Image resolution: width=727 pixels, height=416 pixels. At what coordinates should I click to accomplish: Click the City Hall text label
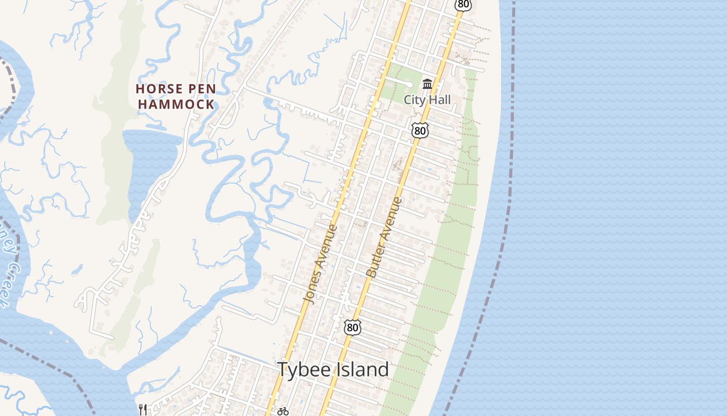pyautogui.click(x=427, y=100)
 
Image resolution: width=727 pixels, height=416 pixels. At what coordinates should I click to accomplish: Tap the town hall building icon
pyautogui.click(x=427, y=84)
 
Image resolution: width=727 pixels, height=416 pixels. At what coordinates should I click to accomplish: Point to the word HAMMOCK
pyautogui.click(x=176, y=105)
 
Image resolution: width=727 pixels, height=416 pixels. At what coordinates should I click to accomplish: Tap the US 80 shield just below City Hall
pyautogui.click(x=420, y=130)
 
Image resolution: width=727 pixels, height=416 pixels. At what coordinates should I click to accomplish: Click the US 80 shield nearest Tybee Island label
pyautogui.click(x=352, y=328)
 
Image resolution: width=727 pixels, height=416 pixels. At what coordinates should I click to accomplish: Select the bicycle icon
pyautogui.click(x=282, y=411)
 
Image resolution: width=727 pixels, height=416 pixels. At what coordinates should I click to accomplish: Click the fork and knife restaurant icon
pyautogui.click(x=143, y=410)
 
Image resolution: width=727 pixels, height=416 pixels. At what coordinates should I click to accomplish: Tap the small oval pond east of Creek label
pyautogui.click(x=77, y=269)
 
